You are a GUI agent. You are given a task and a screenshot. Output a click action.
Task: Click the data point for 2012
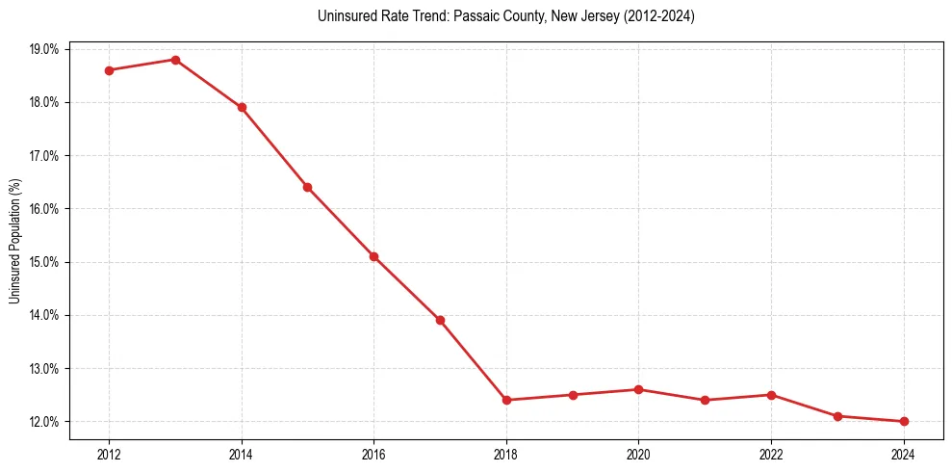click(x=109, y=70)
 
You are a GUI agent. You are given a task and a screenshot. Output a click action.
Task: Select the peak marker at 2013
click(x=175, y=60)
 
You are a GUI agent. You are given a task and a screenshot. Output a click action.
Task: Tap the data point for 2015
click(x=308, y=187)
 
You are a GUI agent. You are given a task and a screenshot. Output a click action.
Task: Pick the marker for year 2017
click(x=440, y=320)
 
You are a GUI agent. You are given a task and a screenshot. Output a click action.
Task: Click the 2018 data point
click(x=506, y=400)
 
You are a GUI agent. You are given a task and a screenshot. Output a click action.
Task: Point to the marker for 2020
click(x=638, y=389)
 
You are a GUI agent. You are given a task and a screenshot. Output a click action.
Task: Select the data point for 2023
click(x=837, y=416)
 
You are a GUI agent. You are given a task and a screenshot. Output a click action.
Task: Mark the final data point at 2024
click(x=904, y=421)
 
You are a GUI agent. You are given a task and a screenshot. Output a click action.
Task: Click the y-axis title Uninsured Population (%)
click(x=14, y=241)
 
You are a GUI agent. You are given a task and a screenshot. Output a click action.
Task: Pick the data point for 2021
click(x=705, y=400)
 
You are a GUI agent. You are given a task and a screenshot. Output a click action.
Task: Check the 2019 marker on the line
click(x=573, y=395)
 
